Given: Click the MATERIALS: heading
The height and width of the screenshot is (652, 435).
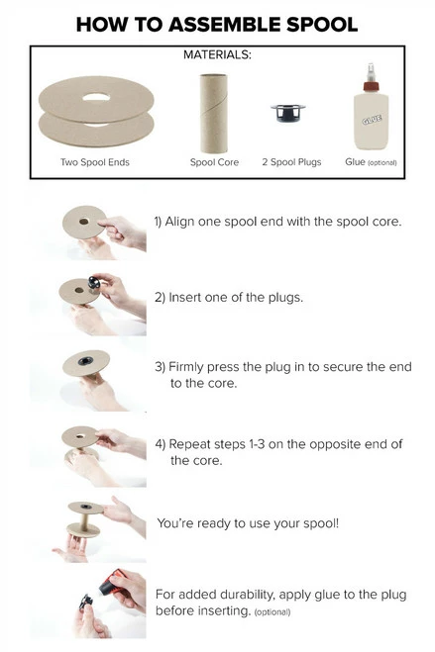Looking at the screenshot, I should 217,56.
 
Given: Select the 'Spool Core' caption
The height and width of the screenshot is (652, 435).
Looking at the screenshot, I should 214,162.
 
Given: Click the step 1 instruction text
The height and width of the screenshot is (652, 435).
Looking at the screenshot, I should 277,221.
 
